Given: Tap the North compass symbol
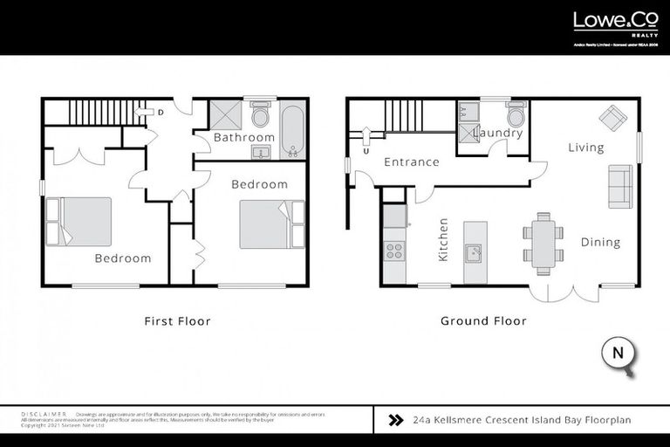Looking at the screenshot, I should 618,354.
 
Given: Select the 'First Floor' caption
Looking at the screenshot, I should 177,321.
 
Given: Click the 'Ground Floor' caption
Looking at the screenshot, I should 483,321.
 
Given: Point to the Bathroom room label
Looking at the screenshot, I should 244,137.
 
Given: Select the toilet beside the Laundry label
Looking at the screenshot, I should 516,115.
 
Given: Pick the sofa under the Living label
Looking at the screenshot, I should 620,186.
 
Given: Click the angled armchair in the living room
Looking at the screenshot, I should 612,117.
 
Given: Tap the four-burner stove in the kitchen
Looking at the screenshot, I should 394,251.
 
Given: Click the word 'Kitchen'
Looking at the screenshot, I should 443,240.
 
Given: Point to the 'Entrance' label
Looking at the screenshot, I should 411,162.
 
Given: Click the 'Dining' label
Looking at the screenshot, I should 600,242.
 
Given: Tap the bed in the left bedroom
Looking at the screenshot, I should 80,222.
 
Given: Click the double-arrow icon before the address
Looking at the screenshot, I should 395,420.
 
